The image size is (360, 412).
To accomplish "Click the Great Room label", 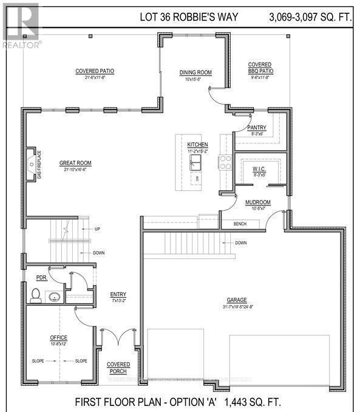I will [75, 162].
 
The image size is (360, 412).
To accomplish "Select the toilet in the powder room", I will [36, 297].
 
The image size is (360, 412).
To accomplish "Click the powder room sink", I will [54, 297].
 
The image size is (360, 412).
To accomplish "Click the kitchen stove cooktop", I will [225, 162].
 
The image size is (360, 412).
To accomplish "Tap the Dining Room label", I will [195, 73].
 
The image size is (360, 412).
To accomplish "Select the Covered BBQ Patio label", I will [260, 67].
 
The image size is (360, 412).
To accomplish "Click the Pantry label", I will [257, 127].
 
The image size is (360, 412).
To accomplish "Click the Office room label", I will [58, 337].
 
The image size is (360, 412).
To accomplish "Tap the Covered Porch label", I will [119, 368].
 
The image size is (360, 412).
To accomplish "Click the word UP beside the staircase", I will [97, 228].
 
